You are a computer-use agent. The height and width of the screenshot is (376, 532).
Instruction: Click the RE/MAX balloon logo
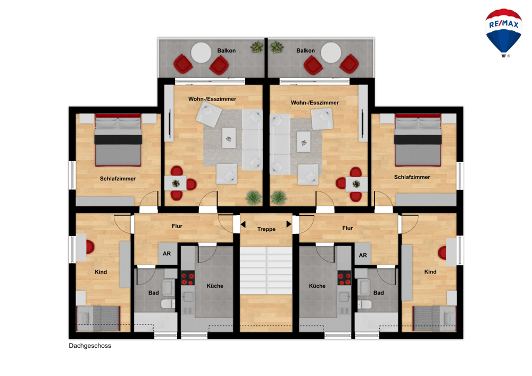coord(503,33)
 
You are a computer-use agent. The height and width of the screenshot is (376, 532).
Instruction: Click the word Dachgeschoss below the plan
coord(90,346)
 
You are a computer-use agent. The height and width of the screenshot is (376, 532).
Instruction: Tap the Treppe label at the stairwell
coord(267,229)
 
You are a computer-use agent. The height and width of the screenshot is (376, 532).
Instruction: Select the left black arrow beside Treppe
coord(243,224)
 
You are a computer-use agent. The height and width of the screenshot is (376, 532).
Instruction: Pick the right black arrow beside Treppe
coord(289,224)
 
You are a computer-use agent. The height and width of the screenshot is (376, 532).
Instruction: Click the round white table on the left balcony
coord(201,53)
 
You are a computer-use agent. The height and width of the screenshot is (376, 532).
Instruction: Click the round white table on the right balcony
coord(331,53)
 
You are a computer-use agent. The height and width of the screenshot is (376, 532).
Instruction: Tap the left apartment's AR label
coord(167,254)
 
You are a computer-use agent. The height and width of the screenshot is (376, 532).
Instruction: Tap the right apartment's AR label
coord(363,255)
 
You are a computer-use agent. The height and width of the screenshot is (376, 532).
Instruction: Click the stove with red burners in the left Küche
coord(188,278)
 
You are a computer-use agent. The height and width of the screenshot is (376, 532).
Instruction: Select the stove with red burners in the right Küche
coord(344,278)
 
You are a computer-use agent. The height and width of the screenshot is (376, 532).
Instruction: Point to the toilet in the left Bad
coord(168,304)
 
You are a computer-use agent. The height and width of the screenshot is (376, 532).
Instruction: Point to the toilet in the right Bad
coord(364,304)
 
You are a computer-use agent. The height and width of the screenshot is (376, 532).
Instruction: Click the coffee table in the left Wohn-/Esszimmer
coord(229,138)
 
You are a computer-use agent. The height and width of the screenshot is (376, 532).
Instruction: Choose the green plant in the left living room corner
coord(253,198)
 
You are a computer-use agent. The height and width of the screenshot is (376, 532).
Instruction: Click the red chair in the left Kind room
coord(90,247)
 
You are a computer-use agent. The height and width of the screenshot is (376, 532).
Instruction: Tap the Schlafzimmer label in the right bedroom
coord(412,177)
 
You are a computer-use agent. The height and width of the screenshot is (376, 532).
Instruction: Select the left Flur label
coord(177,226)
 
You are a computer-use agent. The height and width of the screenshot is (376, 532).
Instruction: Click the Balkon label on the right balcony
coord(305,51)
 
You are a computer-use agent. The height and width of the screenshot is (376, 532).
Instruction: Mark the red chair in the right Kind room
coord(442,253)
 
